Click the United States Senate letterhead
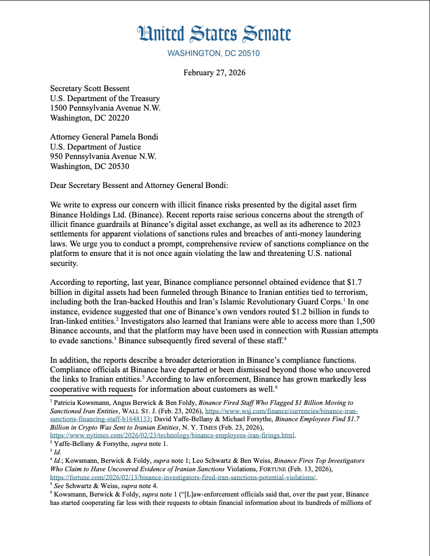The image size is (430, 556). [214, 34]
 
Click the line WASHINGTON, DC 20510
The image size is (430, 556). [213, 54]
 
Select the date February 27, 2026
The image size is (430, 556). [214, 73]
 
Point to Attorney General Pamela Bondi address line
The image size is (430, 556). [104, 137]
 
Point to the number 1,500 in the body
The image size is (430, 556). [367, 320]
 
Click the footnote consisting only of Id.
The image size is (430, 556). [54, 452]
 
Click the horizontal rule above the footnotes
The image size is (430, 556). [91, 395]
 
